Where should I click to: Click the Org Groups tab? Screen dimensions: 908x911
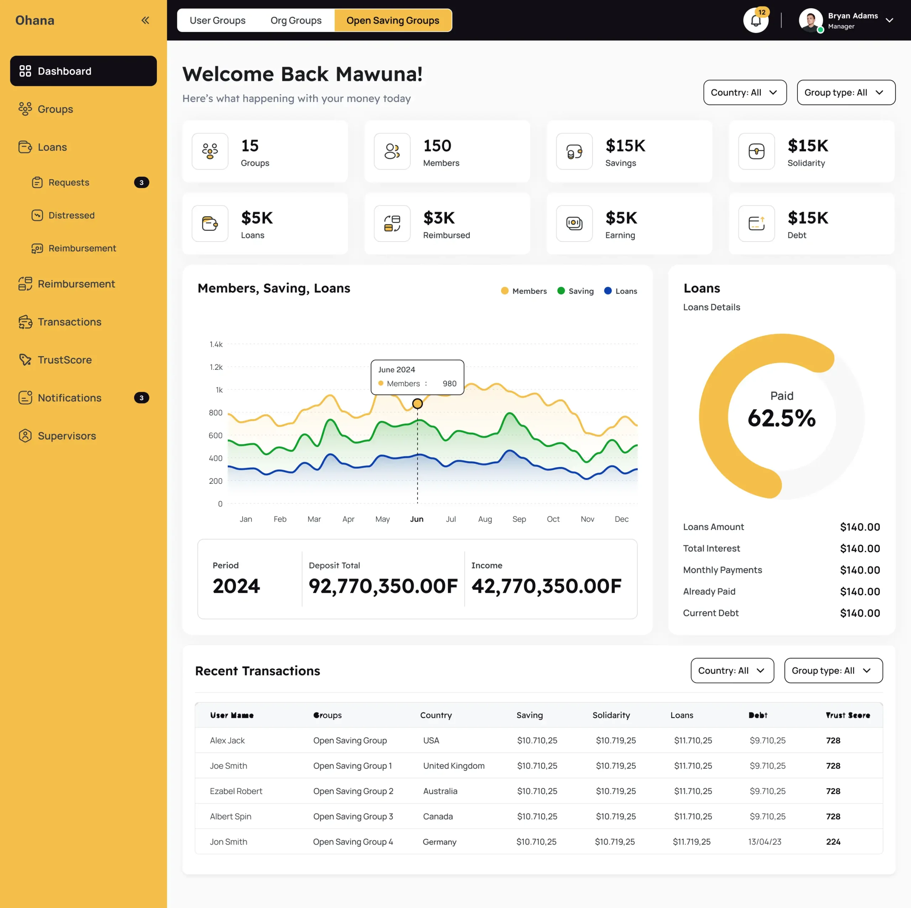(x=296, y=20)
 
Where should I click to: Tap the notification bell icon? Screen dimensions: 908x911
(x=755, y=21)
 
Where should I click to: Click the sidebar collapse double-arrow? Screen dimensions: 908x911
(x=145, y=20)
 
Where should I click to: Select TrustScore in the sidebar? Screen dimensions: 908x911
(x=65, y=360)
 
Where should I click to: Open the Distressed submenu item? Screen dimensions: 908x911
(x=71, y=215)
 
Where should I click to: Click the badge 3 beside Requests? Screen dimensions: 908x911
(x=142, y=183)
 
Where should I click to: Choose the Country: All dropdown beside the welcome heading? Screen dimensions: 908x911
(x=744, y=93)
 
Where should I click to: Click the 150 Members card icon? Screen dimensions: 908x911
(x=392, y=151)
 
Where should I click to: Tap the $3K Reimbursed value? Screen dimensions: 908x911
(x=438, y=218)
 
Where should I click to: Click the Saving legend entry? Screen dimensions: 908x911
(x=575, y=291)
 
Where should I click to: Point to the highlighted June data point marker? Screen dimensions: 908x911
(x=417, y=404)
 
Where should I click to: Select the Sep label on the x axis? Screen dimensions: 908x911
(x=519, y=519)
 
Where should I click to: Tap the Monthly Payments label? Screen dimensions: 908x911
(x=722, y=570)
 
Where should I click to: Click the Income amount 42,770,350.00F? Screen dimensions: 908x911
(x=546, y=586)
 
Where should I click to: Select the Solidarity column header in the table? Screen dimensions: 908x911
(x=611, y=715)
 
